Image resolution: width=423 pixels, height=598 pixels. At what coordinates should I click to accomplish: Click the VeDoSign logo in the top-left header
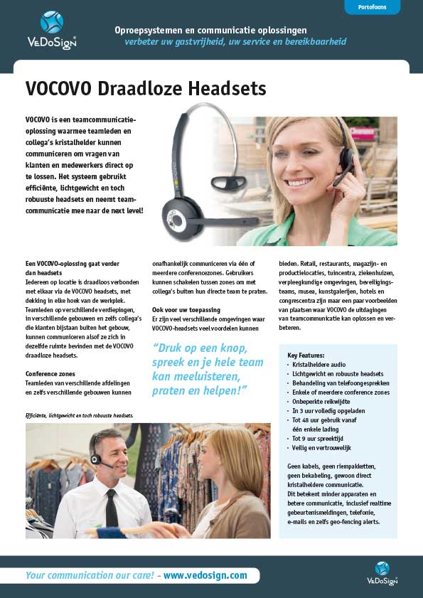[x=52, y=29]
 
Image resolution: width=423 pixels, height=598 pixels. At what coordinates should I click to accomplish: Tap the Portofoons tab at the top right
[x=372, y=7]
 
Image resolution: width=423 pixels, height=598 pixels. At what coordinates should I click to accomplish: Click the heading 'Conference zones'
[x=50, y=373]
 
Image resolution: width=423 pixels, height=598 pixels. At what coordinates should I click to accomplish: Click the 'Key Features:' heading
[x=306, y=354]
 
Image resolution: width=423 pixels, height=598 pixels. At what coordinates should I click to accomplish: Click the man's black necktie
[x=112, y=507]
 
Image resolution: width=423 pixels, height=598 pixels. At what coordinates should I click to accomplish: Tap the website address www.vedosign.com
[x=205, y=575]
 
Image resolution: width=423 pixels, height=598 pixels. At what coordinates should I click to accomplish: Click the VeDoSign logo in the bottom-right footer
[x=382, y=572]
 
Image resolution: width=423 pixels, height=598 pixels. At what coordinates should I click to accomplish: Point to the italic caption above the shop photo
[x=80, y=415]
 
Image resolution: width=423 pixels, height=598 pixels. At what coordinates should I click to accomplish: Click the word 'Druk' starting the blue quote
[x=171, y=348]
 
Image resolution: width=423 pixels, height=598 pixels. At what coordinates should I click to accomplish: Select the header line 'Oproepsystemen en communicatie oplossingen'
[x=210, y=31]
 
